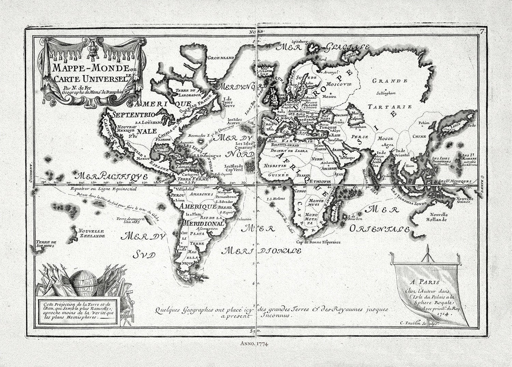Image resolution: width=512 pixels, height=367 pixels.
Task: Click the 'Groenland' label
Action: coord(221,57)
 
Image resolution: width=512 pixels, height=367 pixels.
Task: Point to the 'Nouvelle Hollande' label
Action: coord(439,217)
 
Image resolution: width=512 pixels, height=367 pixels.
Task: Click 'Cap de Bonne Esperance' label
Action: coord(318,242)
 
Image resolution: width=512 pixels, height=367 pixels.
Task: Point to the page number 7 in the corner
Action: coord(482,32)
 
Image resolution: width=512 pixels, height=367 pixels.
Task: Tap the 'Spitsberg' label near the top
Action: coord(300,41)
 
